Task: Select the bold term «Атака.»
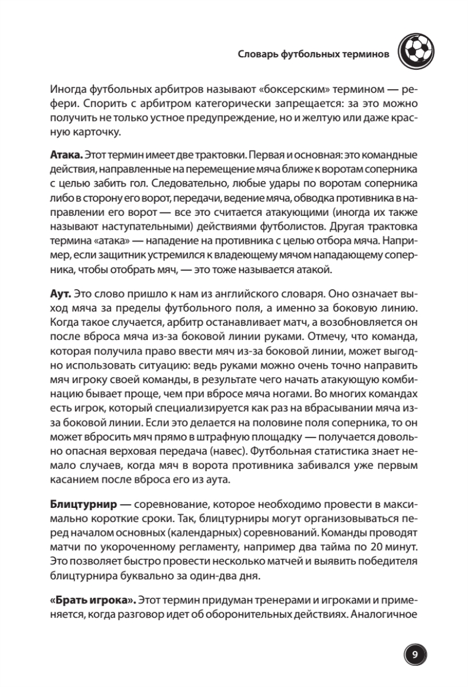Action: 67,156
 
